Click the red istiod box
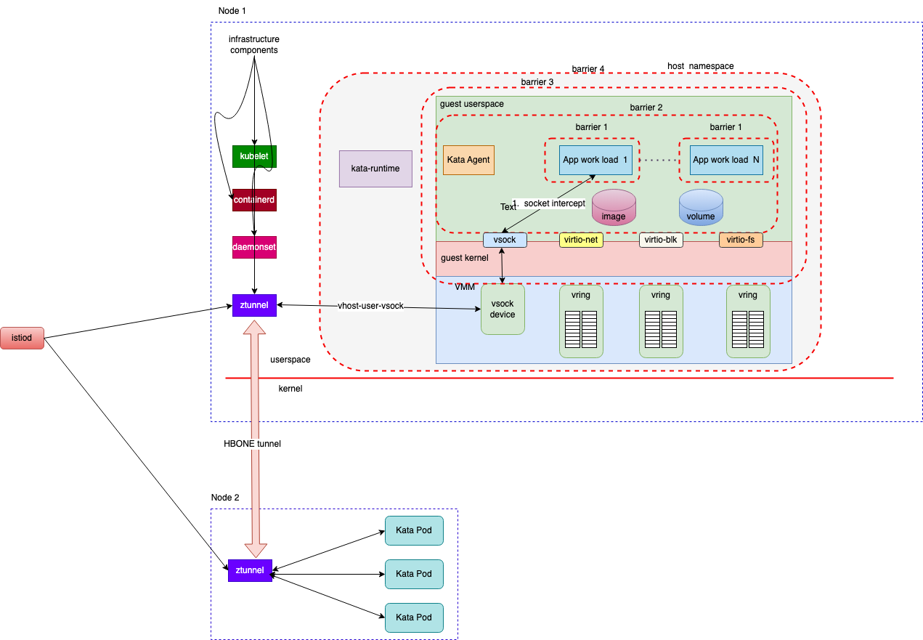22,338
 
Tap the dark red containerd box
254,200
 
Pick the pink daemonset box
254,247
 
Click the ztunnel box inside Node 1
254,305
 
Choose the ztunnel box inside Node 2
250,570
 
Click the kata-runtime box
375,169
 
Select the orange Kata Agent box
468,160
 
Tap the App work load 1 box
595,160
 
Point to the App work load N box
726,160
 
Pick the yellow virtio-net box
581,240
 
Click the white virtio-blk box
661,240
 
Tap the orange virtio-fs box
741,240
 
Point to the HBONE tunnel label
251,444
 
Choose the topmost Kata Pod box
413,530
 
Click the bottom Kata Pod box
413,617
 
